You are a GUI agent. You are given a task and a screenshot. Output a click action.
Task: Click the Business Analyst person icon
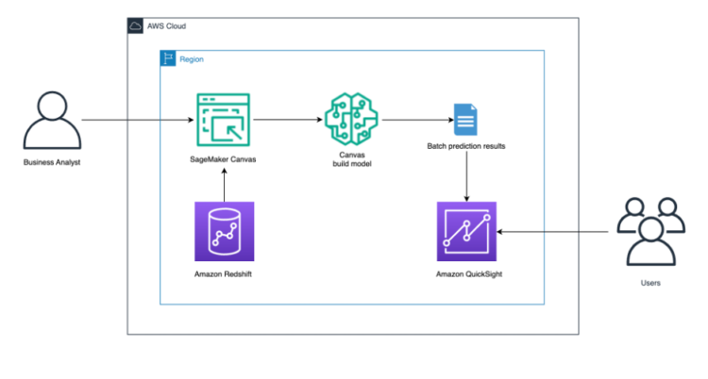[x=52, y=121]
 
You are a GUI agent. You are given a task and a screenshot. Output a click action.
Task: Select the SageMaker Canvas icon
[x=224, y=120]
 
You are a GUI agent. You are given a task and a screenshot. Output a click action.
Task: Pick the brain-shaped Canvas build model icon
[x=349, y=120]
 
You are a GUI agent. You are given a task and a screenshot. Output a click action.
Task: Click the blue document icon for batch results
[x=464, y=121]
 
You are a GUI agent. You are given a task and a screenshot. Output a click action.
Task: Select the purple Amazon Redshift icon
[x=224, y=231]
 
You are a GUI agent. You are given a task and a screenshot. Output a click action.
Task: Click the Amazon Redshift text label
[x=224, y=273]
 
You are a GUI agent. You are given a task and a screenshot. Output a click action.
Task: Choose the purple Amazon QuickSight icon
[x=466, y=231]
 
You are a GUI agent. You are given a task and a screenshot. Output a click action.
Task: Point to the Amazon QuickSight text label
[x=466, y=273]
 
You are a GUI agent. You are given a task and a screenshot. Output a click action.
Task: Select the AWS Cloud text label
[x=166, y=25]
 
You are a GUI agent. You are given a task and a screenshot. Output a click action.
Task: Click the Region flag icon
[x=168, y=58]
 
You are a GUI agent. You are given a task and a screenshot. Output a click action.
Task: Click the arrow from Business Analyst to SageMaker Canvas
[x=137, y=121]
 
